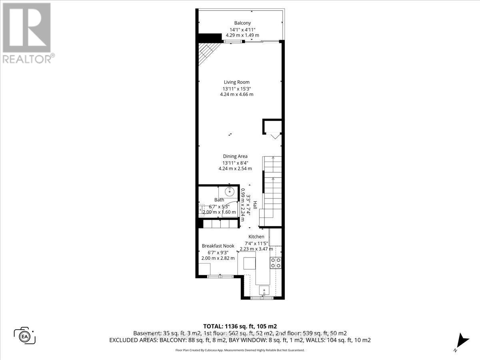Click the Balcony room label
click(242, 23)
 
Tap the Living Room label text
click(236, 82)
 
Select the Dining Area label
click(235, 156)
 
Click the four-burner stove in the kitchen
click(276, 262)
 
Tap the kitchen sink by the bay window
click(264, 290)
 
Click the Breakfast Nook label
click(218, 246)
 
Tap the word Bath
click(219, 200)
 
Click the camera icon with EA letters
click(25, 336)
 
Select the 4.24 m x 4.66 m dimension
click(236, 94)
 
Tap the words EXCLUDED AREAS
click(128, 340)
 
